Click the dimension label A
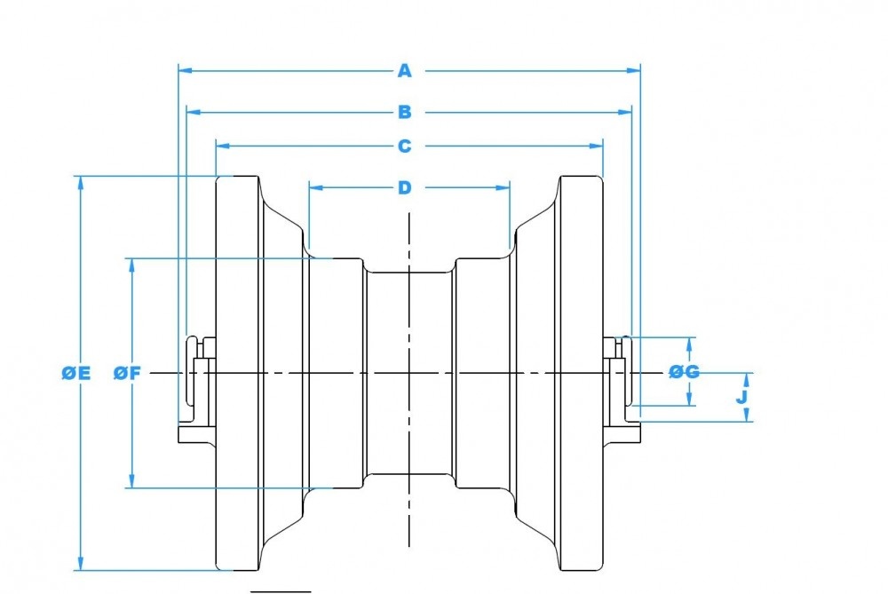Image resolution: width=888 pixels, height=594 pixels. pos(404,69)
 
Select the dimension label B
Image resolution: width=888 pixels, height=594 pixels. pos(404,112)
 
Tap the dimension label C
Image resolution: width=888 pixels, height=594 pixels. pos(404,146)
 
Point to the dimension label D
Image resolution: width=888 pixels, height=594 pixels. pos(404,187)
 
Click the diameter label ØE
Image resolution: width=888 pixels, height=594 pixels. pos(76,374)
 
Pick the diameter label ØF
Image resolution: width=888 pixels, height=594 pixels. pos(128,374)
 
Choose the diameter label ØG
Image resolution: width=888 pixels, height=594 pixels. pos(685,372)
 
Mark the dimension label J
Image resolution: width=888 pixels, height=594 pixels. pos(742,396)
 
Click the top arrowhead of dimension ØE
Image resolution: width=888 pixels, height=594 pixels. pos(81,181)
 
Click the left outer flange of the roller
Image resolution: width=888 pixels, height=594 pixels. pos(237,373)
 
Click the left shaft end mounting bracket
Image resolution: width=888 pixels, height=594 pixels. pos(196,391)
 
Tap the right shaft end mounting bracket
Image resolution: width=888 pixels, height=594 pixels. pos(622,391)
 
